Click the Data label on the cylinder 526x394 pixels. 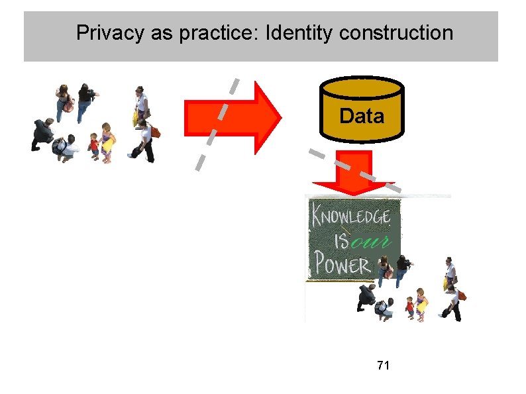(x=361, y=117)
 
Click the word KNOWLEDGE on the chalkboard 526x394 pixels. (x=352, y=216)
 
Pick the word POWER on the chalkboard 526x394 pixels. (x=342, y=266)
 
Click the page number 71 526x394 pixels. (x=382, y=365)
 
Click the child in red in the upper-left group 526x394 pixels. (x=93, y=145)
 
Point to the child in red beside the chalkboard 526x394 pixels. (x=409, y=306)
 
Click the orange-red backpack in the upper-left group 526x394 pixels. (x=156, y=131)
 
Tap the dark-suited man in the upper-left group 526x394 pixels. (x=42, y=133)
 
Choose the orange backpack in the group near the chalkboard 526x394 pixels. (x=462, y=295)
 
